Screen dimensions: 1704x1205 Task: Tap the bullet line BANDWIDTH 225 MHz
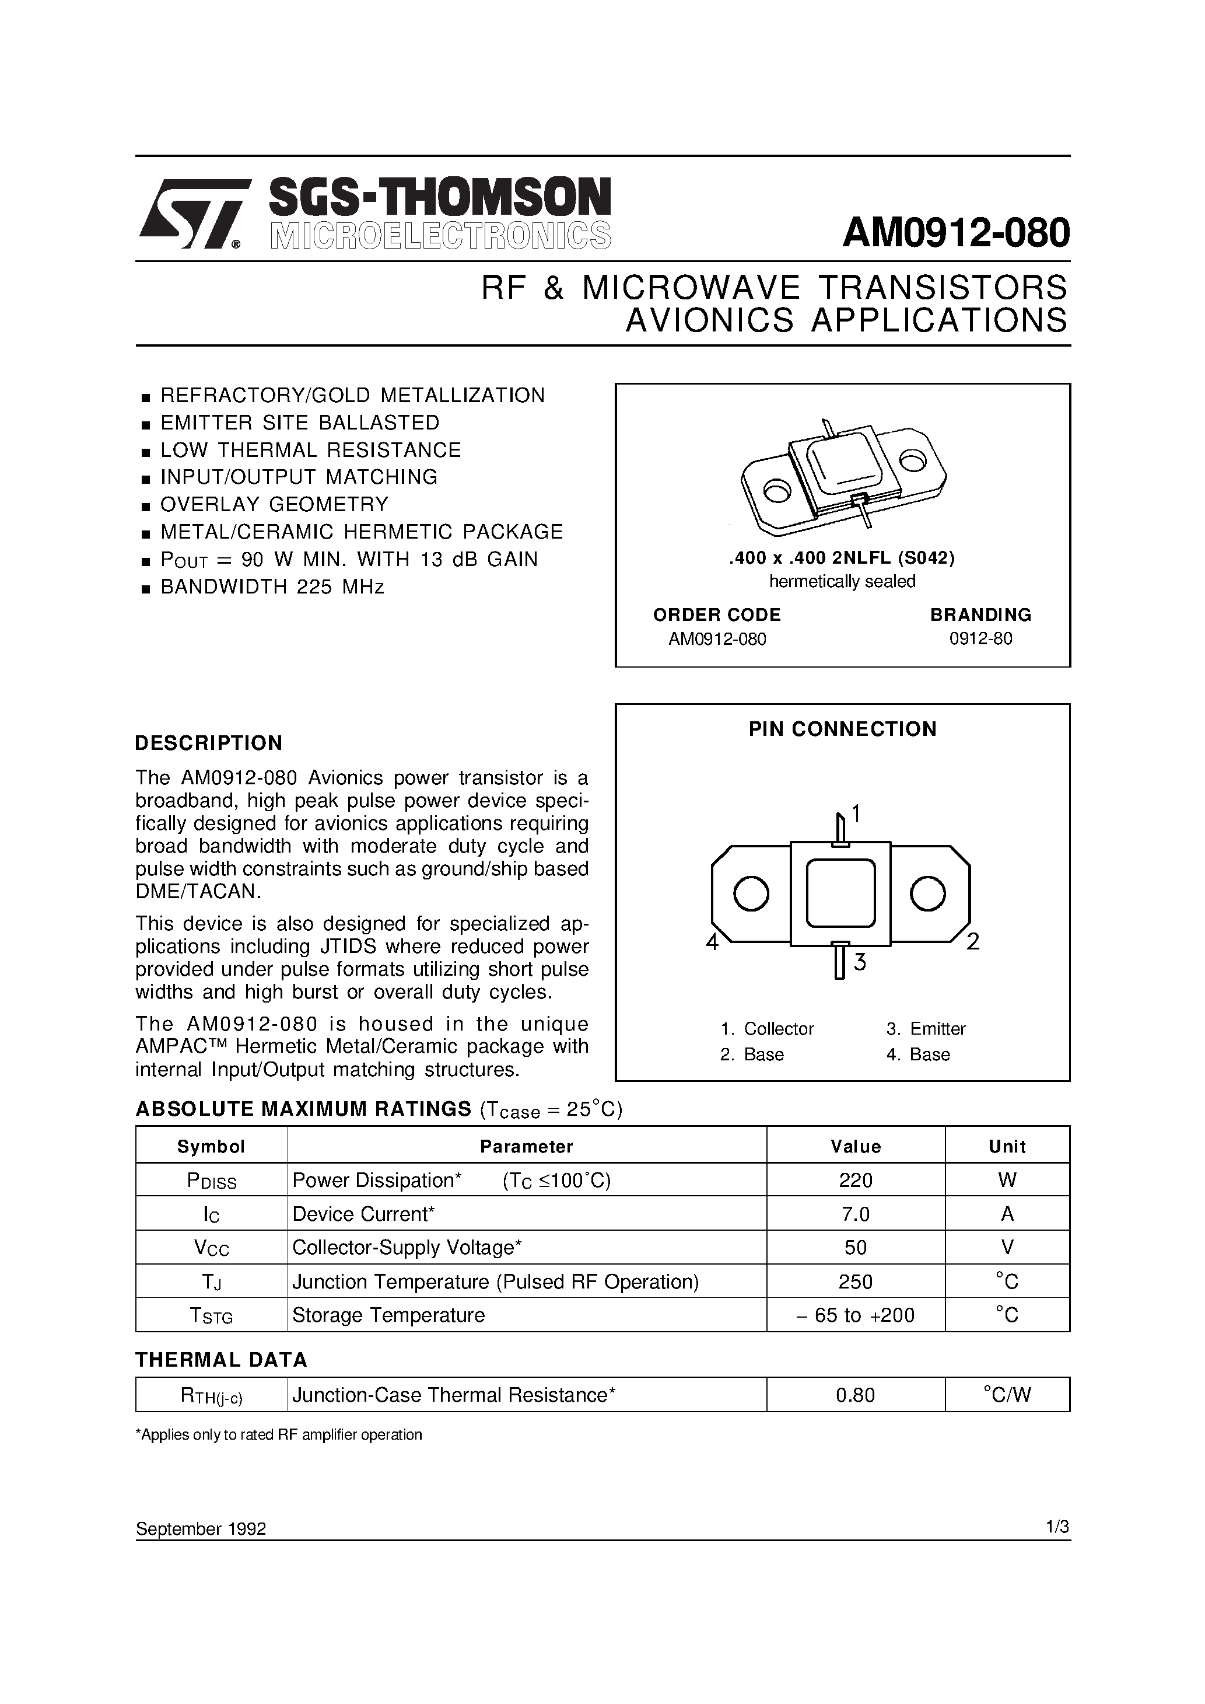pyautogui.click(x=272, y=587)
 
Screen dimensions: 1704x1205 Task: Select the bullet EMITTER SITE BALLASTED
pyautogui.click(x=300, y=422)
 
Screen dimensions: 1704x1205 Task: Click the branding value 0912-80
pyautogui.click(x=980, y=639)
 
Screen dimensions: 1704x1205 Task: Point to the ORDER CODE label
pyautogui.click(x=716, y=614)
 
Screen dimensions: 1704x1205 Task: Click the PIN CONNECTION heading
pyautogui.click(x=842, y=729)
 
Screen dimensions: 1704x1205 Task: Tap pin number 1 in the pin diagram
pyautogui.click(x=856, y=814)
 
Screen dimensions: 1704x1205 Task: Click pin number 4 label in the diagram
pyautogui.click(x=712, y=942)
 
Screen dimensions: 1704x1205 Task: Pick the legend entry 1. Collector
pyautogui.click(x=767, y=1029)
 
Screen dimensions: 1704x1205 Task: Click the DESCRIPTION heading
pyautogui.click(x=208, y=743)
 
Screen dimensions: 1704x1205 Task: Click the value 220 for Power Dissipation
pyautogui.click(x=856, y=1180)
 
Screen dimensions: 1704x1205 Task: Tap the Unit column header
pyautogui.click(x=1007, y=1147)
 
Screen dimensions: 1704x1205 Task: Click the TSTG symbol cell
pyautogui.click(x=212, y=1315)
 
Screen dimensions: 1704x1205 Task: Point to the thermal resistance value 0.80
pyautogui.click(x=856, y=1395)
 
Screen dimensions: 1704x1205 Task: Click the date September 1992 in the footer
pyautogui.click(x=200, y=1529)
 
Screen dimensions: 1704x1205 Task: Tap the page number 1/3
pyautogui.click(x=1057, y=1527)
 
